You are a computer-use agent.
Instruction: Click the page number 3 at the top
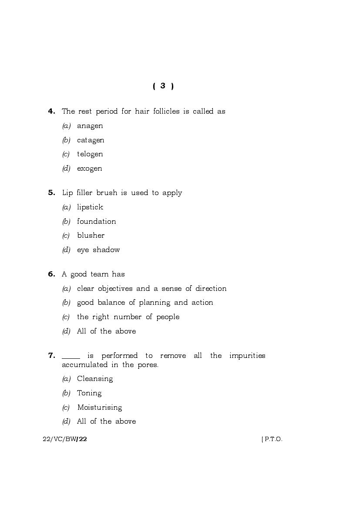tap(163, 86)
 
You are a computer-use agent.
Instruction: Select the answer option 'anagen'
tap(90, 126)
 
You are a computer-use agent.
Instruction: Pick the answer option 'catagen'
tap(91, 140)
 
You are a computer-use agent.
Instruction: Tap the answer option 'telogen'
tap(90, 154)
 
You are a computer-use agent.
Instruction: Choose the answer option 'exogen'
tap(89, 169)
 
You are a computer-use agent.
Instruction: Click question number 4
tap(51, 111)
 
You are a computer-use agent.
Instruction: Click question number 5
tap(51, 193)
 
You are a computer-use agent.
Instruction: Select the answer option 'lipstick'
tap(90, 207)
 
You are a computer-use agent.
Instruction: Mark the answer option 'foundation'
tap(96, 222)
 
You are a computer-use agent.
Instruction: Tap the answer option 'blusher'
tap(91, 236)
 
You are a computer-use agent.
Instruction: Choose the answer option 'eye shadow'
tap(98, 250)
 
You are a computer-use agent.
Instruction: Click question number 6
tap(51, 274)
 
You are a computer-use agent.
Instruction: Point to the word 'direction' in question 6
tap(211, 289)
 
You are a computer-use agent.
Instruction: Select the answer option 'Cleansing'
tap(95, 379)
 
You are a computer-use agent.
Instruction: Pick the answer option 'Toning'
tap(89, 393)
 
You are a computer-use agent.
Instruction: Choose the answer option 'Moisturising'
tap(99, 408)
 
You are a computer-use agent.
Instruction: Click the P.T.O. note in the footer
tap(272, 439)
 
